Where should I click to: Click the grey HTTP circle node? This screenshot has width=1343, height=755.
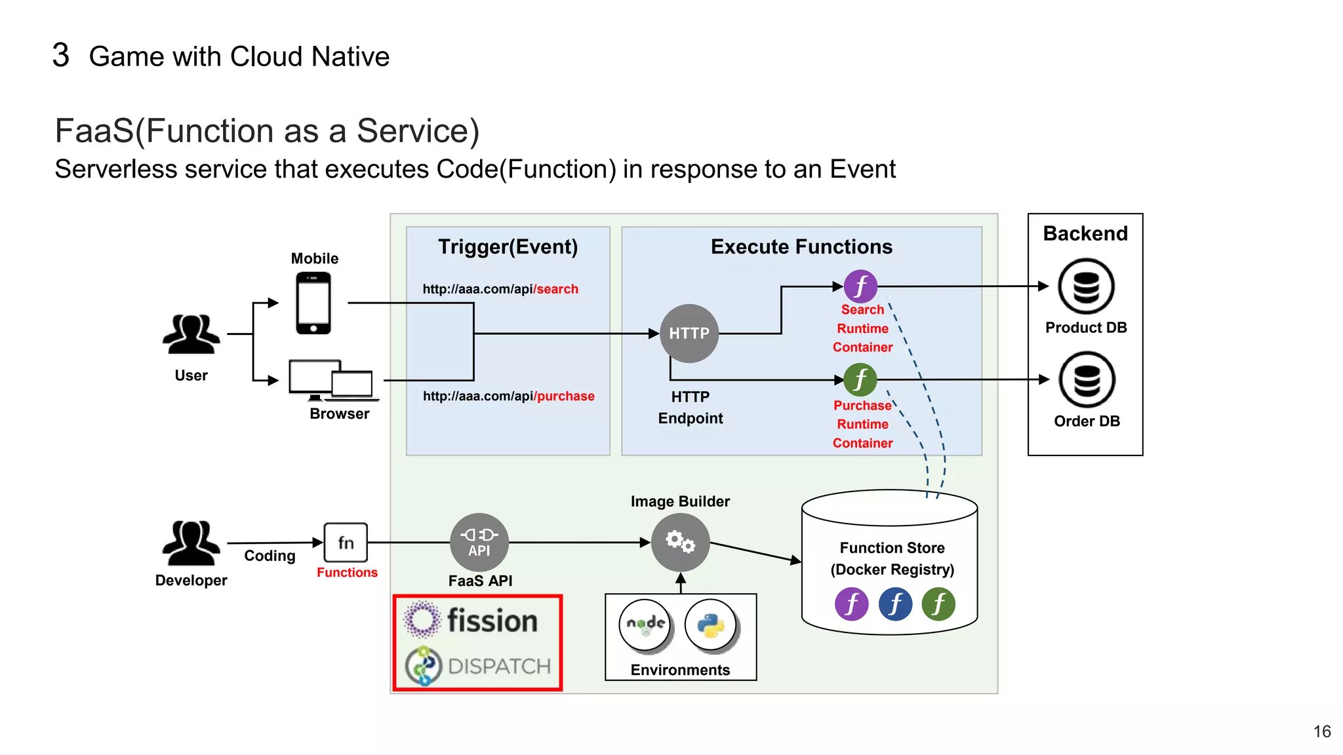click(689, 333)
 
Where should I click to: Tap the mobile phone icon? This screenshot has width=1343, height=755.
click(313, 303)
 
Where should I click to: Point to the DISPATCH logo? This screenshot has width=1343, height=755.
click(479, 666)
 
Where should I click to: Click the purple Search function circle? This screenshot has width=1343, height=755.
click(860, 286)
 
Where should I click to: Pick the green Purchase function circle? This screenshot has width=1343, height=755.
click(860, 379)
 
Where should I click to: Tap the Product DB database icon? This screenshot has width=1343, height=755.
click(1086, 286)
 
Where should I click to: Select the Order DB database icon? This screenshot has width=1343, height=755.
click(1087, 380)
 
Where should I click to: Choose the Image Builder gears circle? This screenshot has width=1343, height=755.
click(680, 543)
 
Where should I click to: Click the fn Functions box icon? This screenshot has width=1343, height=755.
click(346, 543)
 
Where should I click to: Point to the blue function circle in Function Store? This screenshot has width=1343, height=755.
click(895, 604)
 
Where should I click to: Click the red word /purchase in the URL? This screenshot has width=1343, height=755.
click(565, 396)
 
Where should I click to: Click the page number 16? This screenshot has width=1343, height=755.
click(1322, 731)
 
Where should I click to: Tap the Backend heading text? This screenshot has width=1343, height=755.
click(1085, 233)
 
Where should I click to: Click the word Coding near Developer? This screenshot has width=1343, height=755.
click(270, 556)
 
